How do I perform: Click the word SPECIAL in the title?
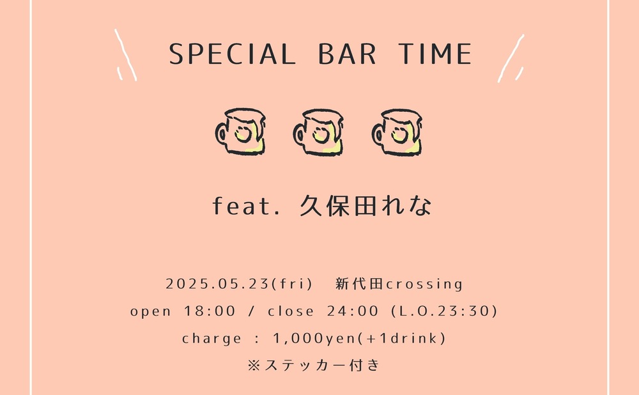[232, 54]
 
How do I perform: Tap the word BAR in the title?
[347, 54]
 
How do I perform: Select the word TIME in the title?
[435, 54]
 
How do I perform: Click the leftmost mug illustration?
[240, 132]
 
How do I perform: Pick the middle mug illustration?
[318, 132]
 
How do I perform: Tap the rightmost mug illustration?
[397, 132]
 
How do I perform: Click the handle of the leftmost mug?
[221, 134]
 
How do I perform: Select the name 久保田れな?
[366, 205]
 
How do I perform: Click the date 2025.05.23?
[217, 284]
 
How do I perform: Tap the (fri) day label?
[292, 284]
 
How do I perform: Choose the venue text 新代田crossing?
[399, 284]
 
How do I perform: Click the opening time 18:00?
[210, 311]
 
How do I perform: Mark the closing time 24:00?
[353, 311]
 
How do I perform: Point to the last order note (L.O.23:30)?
[444, 311]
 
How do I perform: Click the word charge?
[212, 338]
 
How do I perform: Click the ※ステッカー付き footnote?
[314, 365]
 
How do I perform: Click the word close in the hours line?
[291, 311]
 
